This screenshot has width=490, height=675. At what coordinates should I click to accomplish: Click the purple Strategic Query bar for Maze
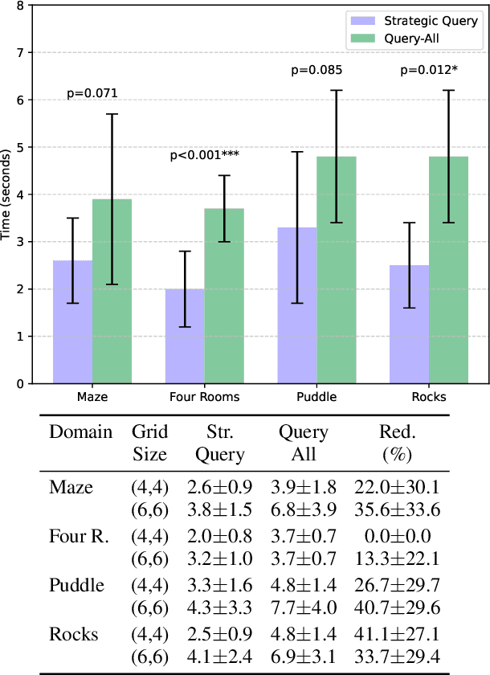[x=72, y=321]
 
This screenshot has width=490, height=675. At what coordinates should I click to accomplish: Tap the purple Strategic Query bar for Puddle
[x=296, y=305]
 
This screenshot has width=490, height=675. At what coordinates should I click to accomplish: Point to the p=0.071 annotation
[x=92, y=94]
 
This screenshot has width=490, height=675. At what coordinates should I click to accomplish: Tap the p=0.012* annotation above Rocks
[x=428, y=71]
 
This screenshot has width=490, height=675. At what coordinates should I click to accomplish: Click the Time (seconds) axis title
[x=7, y=194]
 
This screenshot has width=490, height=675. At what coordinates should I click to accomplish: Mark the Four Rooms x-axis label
[x=204, y=397]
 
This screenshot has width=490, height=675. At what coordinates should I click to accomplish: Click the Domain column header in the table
[x=80, y=432]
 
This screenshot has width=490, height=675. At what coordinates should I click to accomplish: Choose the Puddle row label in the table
[x=76, y=584]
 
